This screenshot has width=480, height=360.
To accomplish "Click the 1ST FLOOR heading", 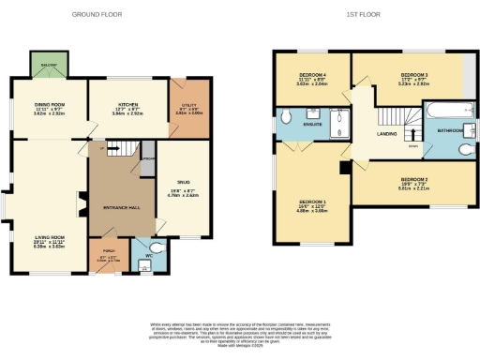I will [365, 16].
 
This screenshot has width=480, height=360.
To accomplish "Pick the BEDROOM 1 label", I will [311, 202].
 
